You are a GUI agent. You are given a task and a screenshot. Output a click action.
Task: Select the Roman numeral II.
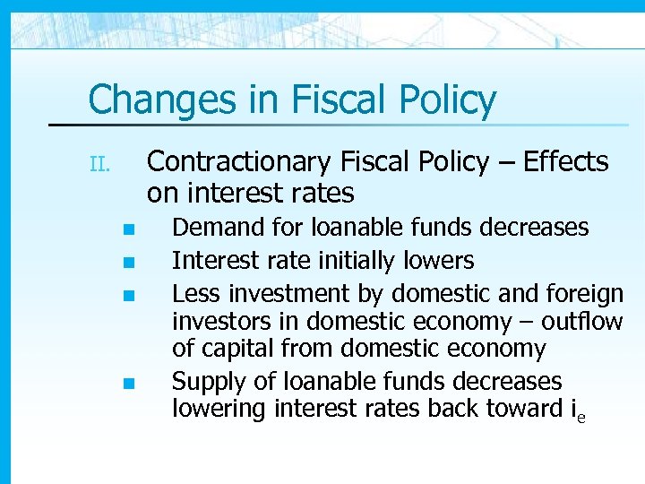pos(99,164)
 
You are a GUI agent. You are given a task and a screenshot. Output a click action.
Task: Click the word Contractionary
pos(238,162)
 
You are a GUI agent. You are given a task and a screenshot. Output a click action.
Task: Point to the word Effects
pos(565,162)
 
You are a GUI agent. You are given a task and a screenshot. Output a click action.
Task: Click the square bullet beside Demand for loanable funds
pos(128,229)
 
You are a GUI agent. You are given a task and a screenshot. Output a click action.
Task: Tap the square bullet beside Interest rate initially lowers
pos(128,263)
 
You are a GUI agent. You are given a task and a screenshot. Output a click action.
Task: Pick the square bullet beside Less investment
pos(128,294)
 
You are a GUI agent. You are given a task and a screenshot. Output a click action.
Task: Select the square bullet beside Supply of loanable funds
pos(128,383)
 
